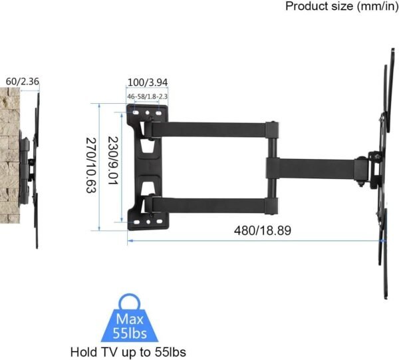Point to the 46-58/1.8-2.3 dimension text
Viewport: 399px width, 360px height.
click(x=146, y=97)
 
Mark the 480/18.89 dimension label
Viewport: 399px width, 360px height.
click(x=262, y=230)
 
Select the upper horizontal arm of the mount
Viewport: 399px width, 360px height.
click(x=213, y=126)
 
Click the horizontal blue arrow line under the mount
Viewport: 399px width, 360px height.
click(x=253, y=240)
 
